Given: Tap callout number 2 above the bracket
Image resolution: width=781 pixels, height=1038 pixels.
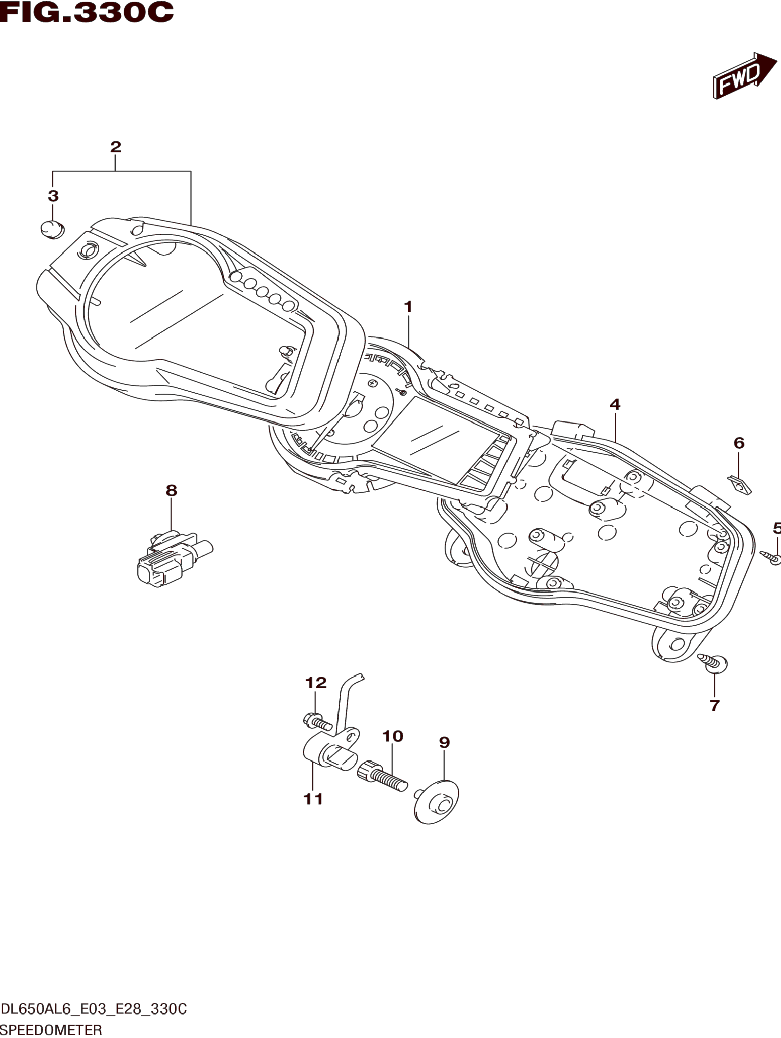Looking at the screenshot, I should coord(115,147).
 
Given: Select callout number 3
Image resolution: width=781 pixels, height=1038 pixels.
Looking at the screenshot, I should coord(53,196).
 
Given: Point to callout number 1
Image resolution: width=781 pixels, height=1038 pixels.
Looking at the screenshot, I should coord(408,307).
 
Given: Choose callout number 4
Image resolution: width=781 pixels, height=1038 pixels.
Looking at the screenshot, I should coord(615,404).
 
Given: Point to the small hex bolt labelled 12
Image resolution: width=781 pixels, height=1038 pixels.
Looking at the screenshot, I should coord(317,734).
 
